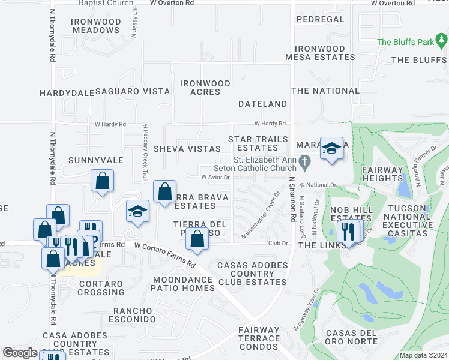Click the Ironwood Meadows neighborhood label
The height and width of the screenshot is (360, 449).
(x=95, y=26)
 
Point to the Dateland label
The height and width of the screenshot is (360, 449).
(x=262, y=104)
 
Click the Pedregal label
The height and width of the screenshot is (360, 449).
(x=320, y=19)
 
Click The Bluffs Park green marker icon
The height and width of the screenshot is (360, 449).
(x=442, y=41)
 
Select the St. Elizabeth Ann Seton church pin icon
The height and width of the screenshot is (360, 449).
(x=305, y=162)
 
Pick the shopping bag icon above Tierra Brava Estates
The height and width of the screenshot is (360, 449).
(x=164, y=192)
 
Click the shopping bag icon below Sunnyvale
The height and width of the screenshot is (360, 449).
(x=103, y=181)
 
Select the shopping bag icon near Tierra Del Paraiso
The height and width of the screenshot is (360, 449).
(x=197, y=239)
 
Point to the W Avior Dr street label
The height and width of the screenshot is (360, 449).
(x=215, y=177)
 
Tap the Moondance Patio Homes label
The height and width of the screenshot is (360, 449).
(x=183, y=284)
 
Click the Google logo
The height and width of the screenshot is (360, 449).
(x=20, y=353)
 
